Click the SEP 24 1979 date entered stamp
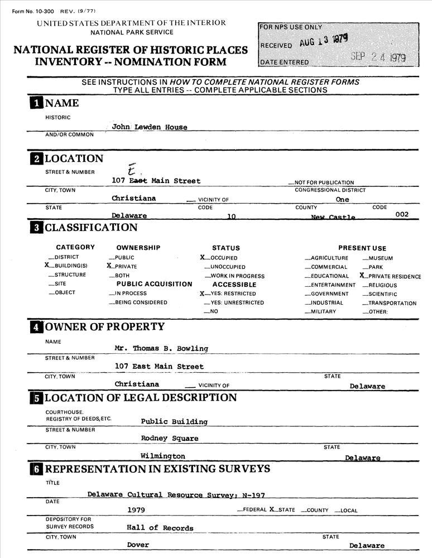(x=378, y=57)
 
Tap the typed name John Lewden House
(x=150, y=127)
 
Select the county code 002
(x=401, y=214)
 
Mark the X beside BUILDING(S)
(x=47, y=266)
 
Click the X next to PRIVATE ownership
(x=109, y=266)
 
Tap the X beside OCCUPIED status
(x=203, y=257)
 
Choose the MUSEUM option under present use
(x=380, y=258)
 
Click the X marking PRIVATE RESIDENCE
(x=362, y=276)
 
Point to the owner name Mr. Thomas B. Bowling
(x=161, y=348)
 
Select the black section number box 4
(x=36, y=327)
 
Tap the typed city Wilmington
(x=163, y=456)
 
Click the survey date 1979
(x=137, y=510)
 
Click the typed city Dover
(x=138, y=545)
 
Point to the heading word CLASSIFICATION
(x=91, y=228)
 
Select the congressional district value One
(x=342, y=199)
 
